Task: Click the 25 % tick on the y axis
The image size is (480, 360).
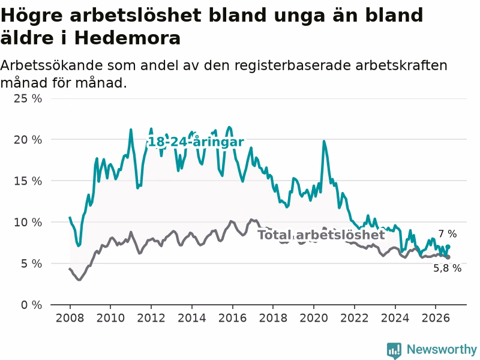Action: click(28, 98)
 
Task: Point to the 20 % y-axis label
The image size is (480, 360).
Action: click(28, 140)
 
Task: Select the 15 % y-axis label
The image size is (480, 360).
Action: click(28, 181)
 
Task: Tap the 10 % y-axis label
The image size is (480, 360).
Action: click(28, 222)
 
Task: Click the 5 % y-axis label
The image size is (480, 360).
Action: click(32, 263)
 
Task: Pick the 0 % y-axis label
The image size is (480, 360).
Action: click(32, 305)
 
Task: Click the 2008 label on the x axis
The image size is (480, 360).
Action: click(70, 318)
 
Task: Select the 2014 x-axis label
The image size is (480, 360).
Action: click(192, 318)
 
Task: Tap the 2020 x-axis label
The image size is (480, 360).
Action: click(314, 318)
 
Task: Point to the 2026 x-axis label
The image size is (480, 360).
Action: click(436, 318)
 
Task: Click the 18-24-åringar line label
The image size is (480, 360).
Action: click(196, 142)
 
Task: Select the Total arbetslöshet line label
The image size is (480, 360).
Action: click(321, 235)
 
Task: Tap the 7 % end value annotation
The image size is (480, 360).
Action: click(448, 234)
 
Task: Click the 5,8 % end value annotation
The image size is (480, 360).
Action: click(448, 268)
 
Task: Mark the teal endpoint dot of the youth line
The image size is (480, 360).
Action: click(448, 247)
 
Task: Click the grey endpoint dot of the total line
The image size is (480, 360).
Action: click(448, 257)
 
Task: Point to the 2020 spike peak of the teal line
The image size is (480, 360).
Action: click(324, 141)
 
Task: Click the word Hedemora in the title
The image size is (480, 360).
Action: click(127, 38)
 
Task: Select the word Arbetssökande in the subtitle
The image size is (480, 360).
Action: click(52, 65)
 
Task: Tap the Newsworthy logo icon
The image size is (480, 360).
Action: click(394, 350)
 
